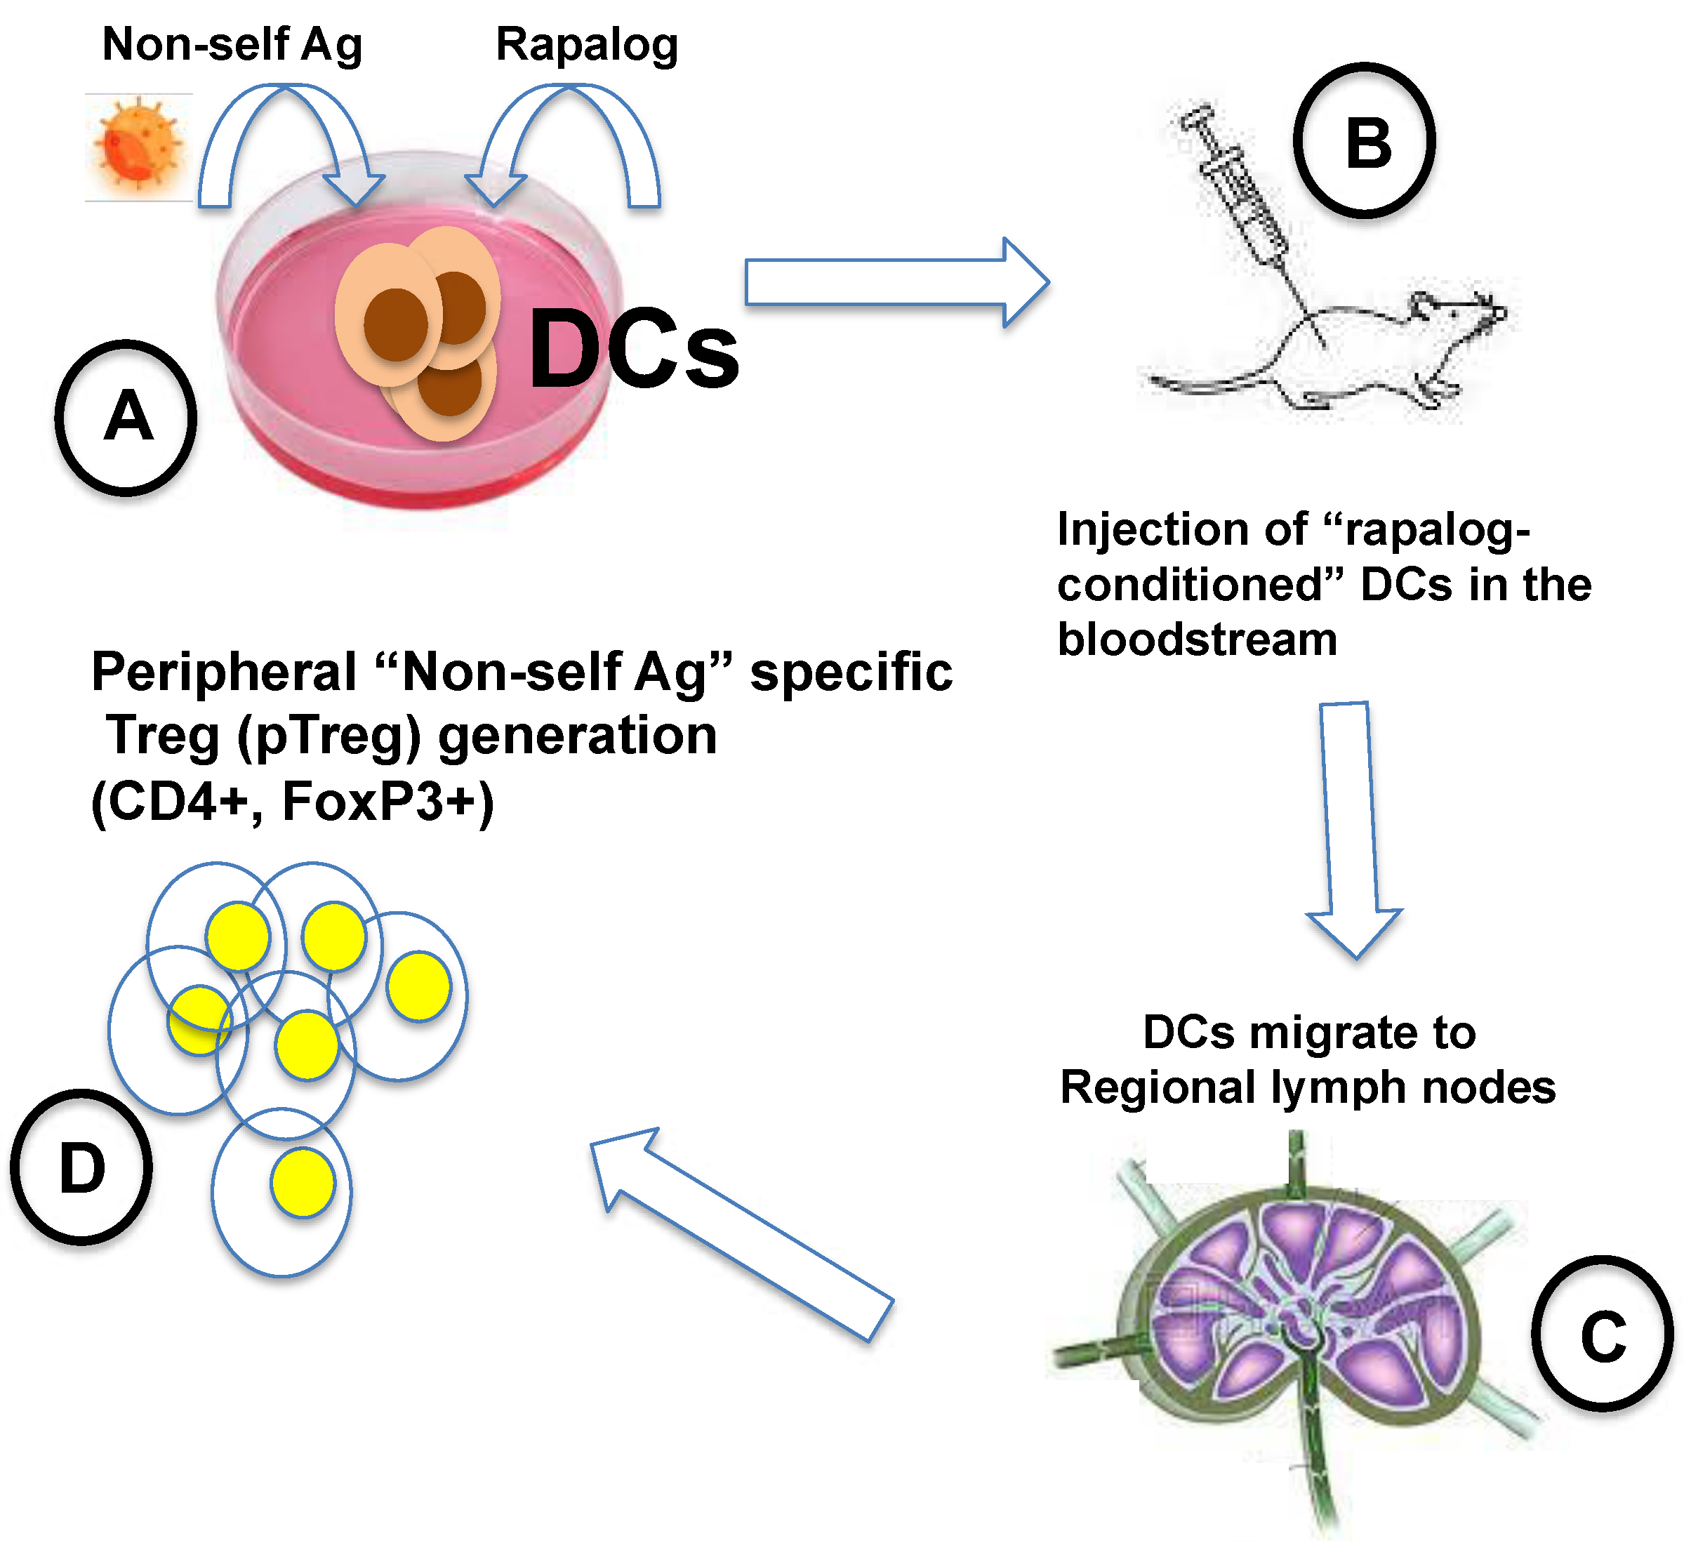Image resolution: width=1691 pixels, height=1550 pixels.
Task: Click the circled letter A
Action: click(126, 417)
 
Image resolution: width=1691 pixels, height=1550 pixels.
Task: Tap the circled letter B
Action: click(1365, 142)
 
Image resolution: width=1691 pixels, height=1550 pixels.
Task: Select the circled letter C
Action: click(1602, 1334)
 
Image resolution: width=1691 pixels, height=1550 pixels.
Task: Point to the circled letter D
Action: click(81, 1167)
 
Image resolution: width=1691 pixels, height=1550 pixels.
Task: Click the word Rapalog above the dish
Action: click(586, 46)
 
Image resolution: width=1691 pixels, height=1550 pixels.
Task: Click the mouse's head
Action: click(1459, 314)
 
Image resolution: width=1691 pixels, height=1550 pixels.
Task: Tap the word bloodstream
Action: click(1197, 640)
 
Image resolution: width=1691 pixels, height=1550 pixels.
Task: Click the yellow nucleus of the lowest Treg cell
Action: click(303, 1183)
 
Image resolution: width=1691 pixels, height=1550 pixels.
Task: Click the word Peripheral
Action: click(224, 672)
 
